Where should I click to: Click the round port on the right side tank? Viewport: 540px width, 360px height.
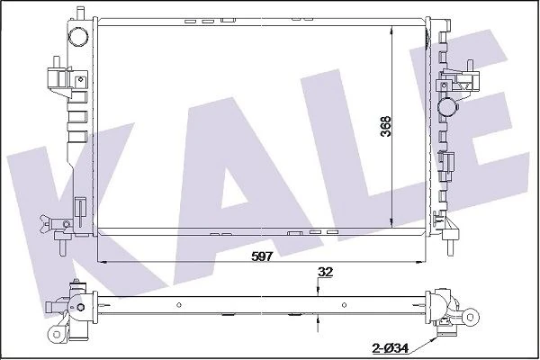(448, 108)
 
